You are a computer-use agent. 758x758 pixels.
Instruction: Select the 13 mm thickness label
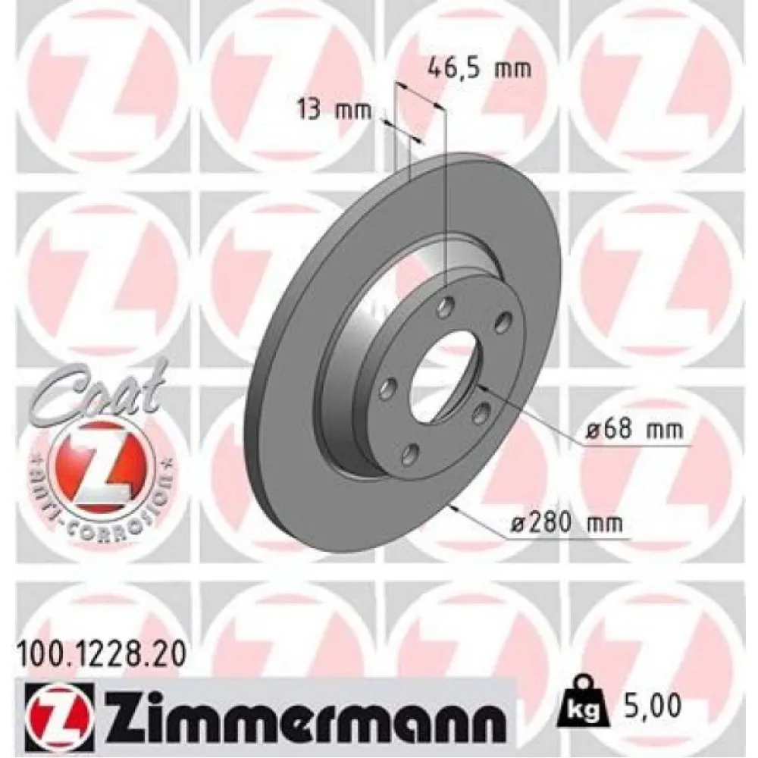334,111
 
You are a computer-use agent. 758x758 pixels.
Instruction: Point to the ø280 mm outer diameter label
566,523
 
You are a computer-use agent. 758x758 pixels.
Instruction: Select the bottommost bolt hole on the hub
411,453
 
